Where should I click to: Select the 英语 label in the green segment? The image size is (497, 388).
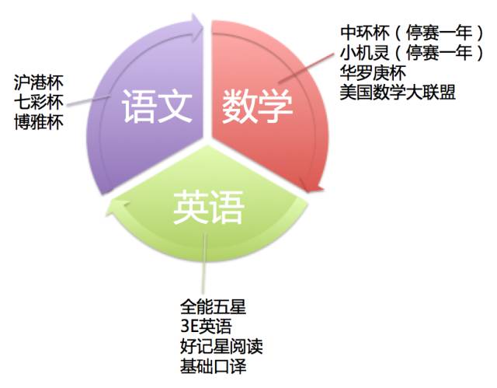[x=207, y=207]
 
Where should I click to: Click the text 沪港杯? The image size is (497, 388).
[x=39, y=82]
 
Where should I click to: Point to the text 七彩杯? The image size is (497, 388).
[x=39, y=101]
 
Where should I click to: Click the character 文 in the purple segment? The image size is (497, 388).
[x=175, y=109]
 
